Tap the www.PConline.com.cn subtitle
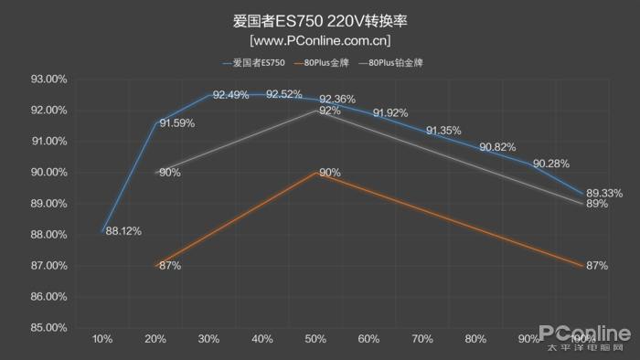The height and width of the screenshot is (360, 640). [320, 40]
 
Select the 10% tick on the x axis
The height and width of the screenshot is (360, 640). [102, 340]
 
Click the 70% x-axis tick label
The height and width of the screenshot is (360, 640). [422, 340]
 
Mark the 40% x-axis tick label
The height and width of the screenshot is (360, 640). [262, 340]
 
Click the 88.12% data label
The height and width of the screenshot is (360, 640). [123, 231]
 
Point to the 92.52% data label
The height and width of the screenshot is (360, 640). [283, 94]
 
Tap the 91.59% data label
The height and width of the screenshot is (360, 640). [177, 123]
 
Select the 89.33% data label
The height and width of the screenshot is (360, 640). [604, 193]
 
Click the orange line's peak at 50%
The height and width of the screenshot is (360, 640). [316, 173]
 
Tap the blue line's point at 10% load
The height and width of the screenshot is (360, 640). [102, 231]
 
